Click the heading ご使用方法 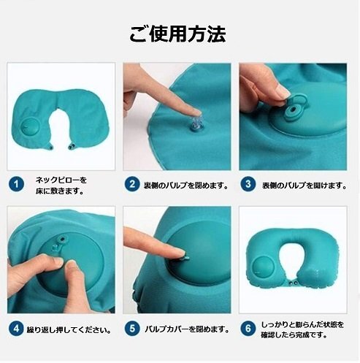point(177,34)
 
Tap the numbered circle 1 point(16,184)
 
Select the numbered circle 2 point(132,184)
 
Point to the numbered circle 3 point(248,184)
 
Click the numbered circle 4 point(16,329)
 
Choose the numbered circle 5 point(132,329)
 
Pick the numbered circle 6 point(248,329)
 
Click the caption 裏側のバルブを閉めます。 point(186,186)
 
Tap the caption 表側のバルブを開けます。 point(305,186)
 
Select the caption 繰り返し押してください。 point(69,330)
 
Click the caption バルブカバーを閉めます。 point(187,329)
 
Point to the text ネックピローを point(61,180)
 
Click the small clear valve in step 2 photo point(198,125)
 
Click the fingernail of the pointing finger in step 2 point(196,112)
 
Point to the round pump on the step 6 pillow point(262,268)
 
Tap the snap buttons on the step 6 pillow point(292,283)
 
